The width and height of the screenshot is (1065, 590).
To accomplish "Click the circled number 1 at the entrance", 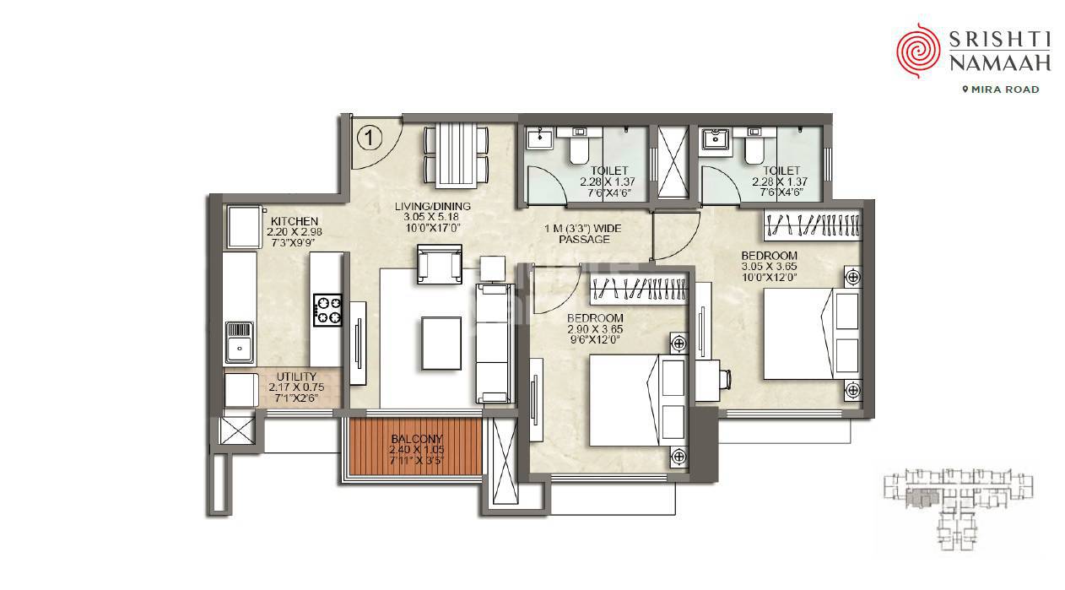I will [370, 135].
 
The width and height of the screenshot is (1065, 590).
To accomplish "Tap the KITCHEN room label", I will [289, 222].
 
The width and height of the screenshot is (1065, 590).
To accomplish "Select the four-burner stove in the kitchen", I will [327, 309].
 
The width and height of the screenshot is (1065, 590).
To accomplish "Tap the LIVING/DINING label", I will [432, 207].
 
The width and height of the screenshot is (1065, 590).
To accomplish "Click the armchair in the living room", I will [439, 264].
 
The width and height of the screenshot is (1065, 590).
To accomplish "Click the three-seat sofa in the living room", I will [494, 342].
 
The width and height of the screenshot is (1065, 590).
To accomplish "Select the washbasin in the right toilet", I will [719, 138].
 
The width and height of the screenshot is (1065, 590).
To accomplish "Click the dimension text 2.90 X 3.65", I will [595, 329].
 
